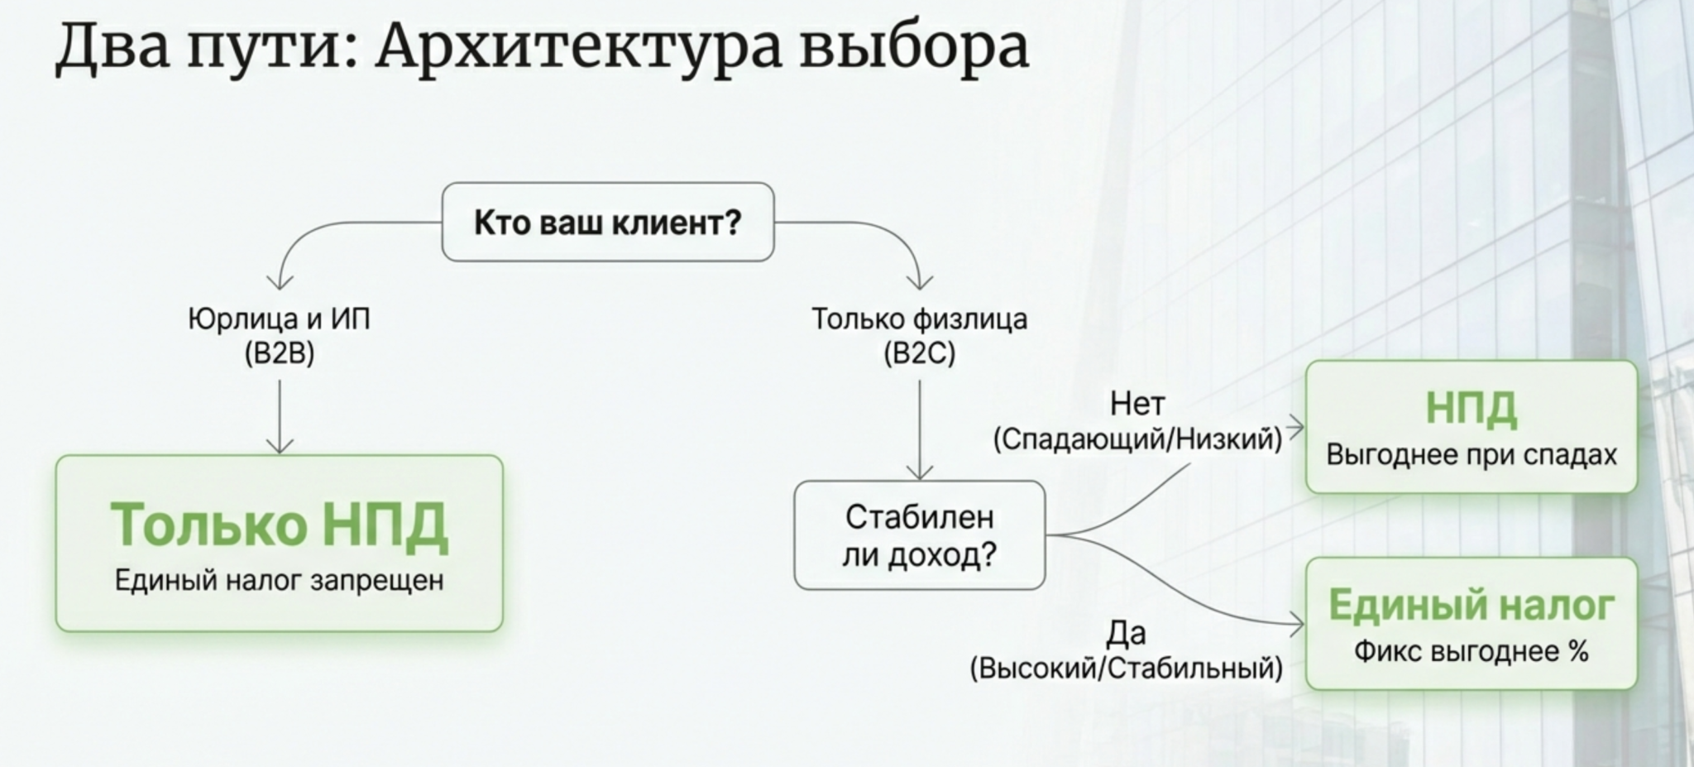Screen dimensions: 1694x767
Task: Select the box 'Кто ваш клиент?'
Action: tap(608, 223)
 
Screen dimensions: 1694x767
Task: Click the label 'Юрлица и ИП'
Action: tap(280, 319)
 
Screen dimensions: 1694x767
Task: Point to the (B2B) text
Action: tap(280, 354)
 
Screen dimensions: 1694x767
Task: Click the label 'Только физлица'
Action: tap(919, 319)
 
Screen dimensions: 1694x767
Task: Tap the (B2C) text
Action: tap(919, 354)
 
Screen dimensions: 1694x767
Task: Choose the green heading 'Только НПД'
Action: tap(280, 525)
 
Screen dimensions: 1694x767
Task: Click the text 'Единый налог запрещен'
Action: tap(280, 580)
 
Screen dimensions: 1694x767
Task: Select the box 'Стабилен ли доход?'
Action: tap(920, 535)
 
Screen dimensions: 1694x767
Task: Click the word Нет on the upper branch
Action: tap(1137, 404)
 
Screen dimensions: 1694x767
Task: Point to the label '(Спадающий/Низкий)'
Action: tap(1137, 439)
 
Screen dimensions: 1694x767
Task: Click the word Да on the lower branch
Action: tap(1127, 633)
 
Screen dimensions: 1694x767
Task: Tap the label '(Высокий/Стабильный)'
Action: tap(1127, 668)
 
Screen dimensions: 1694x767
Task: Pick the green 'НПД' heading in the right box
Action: tap(1471, 408)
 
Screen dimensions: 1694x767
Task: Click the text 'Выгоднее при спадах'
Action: tap(1471, 455)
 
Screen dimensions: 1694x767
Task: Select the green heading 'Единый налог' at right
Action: tap(1471, 605)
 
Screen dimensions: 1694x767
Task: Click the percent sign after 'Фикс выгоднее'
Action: tap(1578, 651)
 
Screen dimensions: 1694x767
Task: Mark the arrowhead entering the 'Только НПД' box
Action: tap(280, 447)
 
